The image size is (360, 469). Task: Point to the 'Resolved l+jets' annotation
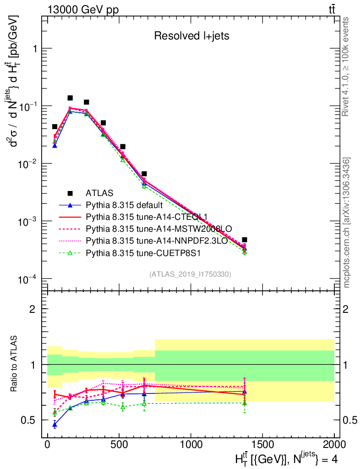[191, 36]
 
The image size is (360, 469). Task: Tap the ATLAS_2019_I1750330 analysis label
[190, 274]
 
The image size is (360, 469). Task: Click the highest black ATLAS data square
[70, 98]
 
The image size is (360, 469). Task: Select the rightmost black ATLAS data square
[245, 240]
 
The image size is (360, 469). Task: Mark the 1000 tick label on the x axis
[191, 444]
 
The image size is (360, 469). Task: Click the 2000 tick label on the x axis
[334, 444]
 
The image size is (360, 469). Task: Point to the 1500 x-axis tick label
[262, 444]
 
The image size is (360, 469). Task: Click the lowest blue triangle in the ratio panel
[55, 425]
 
